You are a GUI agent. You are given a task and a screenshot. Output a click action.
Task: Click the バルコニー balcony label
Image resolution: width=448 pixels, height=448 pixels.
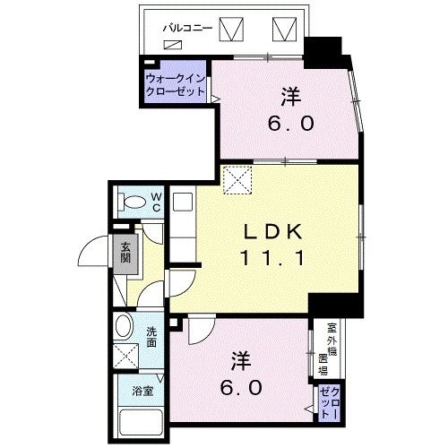(187, 28)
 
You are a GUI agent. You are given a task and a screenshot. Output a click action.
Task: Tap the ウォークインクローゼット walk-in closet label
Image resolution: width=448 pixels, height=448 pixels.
(176, 86)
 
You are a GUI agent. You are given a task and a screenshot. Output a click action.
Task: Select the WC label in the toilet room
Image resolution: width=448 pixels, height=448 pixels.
(155, 202)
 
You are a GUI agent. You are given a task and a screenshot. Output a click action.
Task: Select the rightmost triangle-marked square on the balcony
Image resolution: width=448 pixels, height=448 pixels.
(285, 30)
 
